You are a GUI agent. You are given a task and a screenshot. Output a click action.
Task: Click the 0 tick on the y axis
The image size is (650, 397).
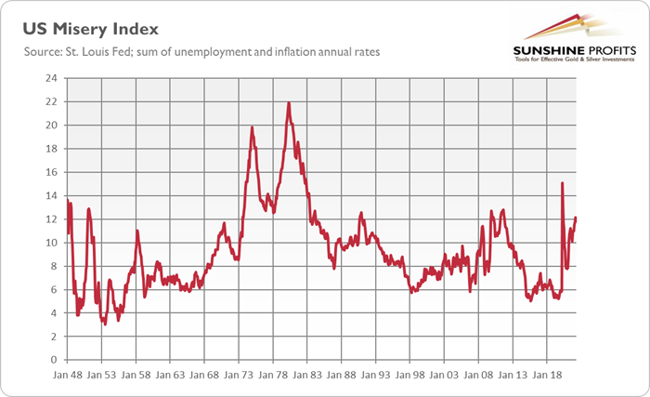point(56,360)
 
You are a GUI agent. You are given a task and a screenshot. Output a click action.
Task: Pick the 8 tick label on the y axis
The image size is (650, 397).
point(56,266)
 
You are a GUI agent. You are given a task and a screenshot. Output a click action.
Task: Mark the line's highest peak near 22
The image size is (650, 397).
point(289,102)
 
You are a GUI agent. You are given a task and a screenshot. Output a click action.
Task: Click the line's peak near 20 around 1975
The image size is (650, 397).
point(253,126)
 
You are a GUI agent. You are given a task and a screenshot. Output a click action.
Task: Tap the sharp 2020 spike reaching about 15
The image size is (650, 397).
point(563,183)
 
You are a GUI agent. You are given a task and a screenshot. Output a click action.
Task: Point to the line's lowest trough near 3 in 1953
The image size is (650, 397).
point(105,324)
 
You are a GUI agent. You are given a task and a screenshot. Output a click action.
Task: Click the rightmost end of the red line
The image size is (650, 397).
point(576,218)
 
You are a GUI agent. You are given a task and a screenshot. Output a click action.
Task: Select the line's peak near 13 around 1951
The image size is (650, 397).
point(89,208)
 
